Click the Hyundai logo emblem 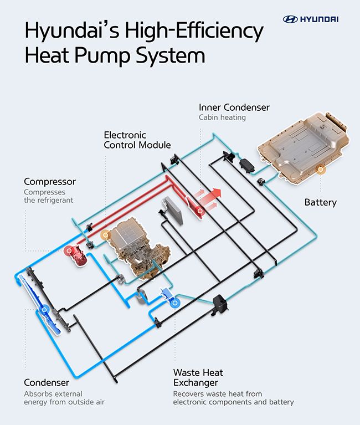pyautogui.click(x=290, y=19)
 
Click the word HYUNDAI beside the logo pyautogui.click(x=320, y=19)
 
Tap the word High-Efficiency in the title pyautogui.click(x=194, y=31)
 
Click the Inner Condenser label pyautogui.click(x=234, y=107)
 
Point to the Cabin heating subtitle pyautogui.click(x=222, y=117)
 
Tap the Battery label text pyautogui.click(x=321, y=202)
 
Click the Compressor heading pyautogui.click(x=50, y=182)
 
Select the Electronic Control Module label pyautogui.click(x=137, y=140)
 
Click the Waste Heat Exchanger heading pyautogui.click(x=198, y=377)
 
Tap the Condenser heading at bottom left pyautogui.click(x=47, y=382)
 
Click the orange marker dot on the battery pyautogui.click(x=321, y=170)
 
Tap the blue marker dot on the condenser pyautogui.click(x=44, y=309)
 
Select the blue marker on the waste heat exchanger pyautogui.click(x=175, y=303)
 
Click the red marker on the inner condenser pyautogui.click(x=200, y=211)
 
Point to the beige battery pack pyautogui.click(x=303, y=148)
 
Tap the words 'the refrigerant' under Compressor pyautogui.click(x=49, y=200)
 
